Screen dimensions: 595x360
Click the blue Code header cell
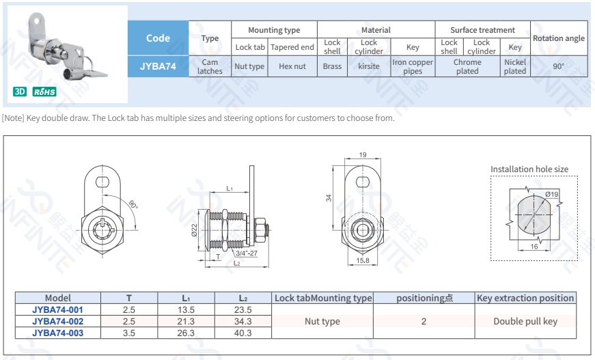coord(158,38)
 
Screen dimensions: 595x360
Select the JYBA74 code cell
coord(158,66)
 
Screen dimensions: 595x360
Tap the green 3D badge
coord(20,92)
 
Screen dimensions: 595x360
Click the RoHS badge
coord(44,92)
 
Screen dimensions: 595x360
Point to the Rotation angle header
coord(559,38)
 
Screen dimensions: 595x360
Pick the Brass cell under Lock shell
coord(332,66)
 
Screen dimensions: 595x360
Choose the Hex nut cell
coord(292,66)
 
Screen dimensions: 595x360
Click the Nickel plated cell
coord(515,66)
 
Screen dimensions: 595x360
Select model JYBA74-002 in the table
coord(57,321)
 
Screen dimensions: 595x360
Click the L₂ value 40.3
coord(243,333)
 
